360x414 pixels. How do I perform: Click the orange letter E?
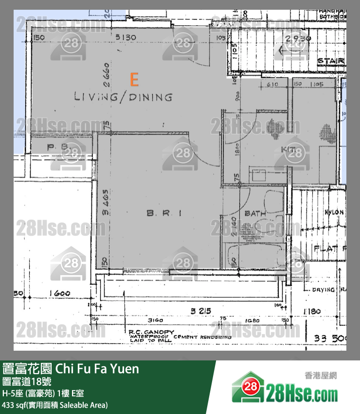[x=134, y=79]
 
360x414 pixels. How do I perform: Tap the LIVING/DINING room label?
[x=123, y=97]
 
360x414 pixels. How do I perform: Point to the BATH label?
[x=255, y=213]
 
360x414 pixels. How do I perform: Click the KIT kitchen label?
[x=289, y=149]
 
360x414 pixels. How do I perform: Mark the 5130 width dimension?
[x=125, y=37]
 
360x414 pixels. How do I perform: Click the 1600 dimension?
[x=60, y=293]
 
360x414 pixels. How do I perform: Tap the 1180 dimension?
[x=314, y=311]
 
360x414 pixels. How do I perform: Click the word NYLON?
[x=335, y=212]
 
